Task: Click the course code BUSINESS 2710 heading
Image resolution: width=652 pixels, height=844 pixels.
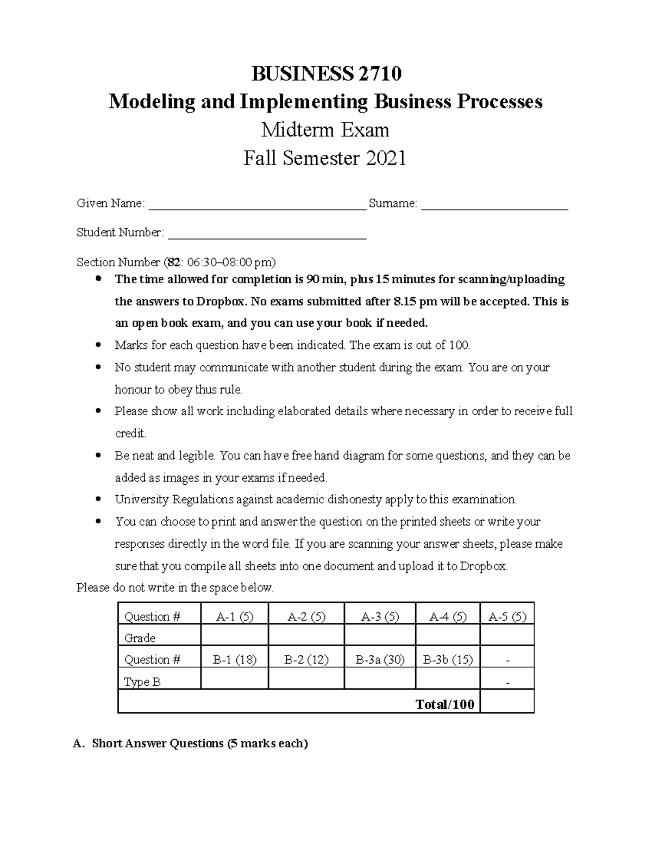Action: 326,73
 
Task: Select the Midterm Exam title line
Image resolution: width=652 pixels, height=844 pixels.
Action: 325,130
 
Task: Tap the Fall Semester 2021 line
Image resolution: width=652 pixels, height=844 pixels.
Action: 325,158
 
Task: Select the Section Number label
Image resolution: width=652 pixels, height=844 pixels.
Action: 118,262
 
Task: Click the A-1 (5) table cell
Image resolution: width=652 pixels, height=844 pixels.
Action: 234,617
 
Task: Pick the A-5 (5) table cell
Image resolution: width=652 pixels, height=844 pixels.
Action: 507,617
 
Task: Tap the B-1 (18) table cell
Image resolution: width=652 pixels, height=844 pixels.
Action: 234,660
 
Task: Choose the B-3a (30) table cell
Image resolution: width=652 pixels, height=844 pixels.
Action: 380,660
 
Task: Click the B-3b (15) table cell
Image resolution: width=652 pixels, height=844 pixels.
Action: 448,660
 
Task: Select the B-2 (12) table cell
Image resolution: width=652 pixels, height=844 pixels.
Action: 306,660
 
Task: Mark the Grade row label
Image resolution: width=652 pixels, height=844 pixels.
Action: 140,638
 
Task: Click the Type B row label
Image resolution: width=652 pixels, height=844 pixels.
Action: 142,682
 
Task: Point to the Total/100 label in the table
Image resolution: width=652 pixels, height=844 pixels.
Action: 444,704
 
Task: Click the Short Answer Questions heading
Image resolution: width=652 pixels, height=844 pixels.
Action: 199,743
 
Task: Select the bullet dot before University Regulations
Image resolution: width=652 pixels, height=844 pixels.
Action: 98,499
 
